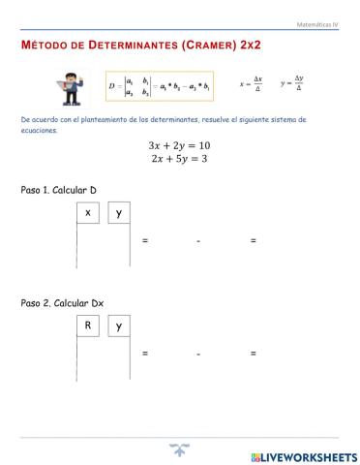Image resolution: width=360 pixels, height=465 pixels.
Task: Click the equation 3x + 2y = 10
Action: (179, 145)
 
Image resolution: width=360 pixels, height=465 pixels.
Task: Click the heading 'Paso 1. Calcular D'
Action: (59, 191)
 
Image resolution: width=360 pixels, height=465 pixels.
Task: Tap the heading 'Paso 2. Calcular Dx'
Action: (62, 303)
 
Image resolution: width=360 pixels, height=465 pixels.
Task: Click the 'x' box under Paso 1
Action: (88, 212)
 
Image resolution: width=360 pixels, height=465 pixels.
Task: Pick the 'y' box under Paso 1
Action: (118, 212)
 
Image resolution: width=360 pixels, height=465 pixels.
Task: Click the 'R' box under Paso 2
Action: (88, 326)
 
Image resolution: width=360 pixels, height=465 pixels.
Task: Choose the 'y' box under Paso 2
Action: (118, 326)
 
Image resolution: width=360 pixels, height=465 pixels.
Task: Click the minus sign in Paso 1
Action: (198, 240)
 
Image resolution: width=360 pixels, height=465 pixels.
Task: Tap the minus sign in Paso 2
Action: (198, 355)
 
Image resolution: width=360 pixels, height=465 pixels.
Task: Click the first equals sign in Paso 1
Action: (145, 240)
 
